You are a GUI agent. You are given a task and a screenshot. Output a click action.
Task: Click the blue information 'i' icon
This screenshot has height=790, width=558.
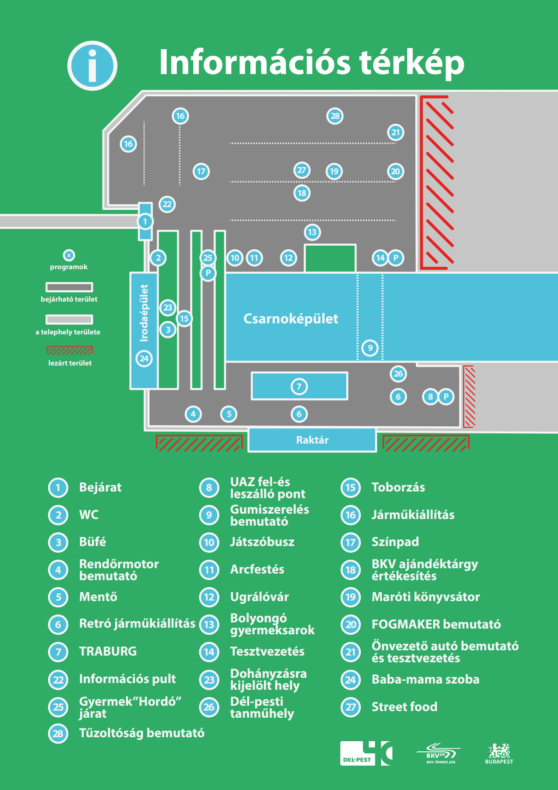point(92,66)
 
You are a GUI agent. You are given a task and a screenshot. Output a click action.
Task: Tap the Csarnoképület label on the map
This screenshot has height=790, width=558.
point(291,319)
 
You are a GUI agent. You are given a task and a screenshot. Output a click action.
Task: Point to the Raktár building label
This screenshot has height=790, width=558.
point(312,440)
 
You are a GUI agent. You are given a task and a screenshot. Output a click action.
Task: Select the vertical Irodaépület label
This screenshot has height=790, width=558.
point(144,313)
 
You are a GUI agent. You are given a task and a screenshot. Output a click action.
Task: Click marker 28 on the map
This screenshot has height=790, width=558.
point(335,116)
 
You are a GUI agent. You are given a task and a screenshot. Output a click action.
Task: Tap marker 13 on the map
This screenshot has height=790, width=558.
point(312,232)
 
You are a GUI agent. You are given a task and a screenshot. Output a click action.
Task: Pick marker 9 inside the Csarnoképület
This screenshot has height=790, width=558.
point(370,348)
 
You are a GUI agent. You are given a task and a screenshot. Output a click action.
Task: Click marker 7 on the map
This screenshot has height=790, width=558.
point(299,386)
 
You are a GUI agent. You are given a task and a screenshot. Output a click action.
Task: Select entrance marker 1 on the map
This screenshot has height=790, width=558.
point(145,221)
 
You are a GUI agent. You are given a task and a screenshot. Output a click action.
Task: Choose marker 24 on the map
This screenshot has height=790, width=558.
point(144,358)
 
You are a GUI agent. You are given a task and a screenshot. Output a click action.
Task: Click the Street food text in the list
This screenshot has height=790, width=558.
point(404,707)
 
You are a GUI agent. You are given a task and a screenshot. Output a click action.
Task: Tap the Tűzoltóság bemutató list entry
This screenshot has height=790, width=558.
point(142,733)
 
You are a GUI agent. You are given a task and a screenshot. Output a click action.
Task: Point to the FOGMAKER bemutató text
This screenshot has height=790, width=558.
point(436,625)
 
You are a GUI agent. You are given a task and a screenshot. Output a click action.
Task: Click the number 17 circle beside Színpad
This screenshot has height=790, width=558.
point(351,542)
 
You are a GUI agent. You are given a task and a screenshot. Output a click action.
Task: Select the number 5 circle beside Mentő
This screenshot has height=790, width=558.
point(58,597)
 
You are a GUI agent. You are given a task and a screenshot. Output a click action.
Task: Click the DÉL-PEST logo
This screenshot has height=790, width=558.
point(366,753)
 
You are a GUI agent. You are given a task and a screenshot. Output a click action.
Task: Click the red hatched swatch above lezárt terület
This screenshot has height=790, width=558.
point(70,351)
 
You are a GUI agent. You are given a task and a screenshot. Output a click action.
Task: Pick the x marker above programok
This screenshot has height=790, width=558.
point(69,255)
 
